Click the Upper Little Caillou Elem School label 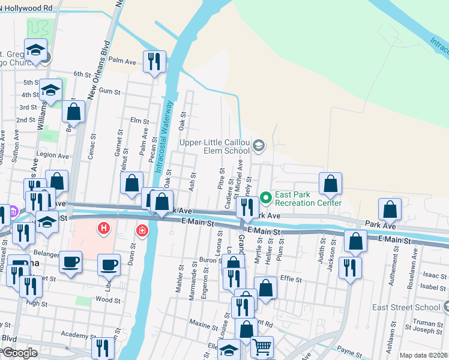(x=215, y=146)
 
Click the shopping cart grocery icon (x=262, y=347)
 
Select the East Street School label (x=414, y=307)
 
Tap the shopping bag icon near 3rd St (x=73, y=112)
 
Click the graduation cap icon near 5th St (x=51, y=91)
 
